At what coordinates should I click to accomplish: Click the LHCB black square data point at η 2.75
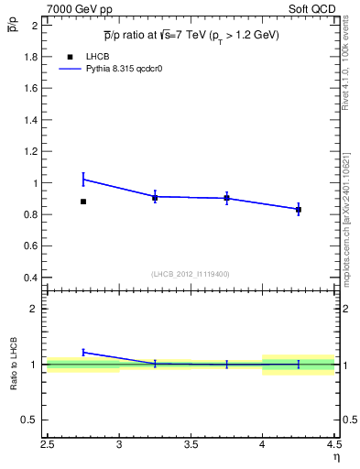(83, 202)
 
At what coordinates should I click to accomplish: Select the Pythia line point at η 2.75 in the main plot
(83, 179)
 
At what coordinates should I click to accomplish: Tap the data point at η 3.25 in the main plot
(155, 197)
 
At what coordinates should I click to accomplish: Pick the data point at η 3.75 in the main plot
(226, 198)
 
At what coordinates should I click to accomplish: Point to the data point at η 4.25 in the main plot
(299, 210)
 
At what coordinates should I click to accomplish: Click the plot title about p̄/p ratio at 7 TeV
(191, 35)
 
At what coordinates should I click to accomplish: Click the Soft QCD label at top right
(314, 7)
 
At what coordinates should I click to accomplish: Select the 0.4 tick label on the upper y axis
(30, 278)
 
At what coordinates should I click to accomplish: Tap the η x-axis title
(335, 457)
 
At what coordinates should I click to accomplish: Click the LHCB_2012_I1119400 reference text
(191, 274)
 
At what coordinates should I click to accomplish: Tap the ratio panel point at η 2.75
(83, 352)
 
